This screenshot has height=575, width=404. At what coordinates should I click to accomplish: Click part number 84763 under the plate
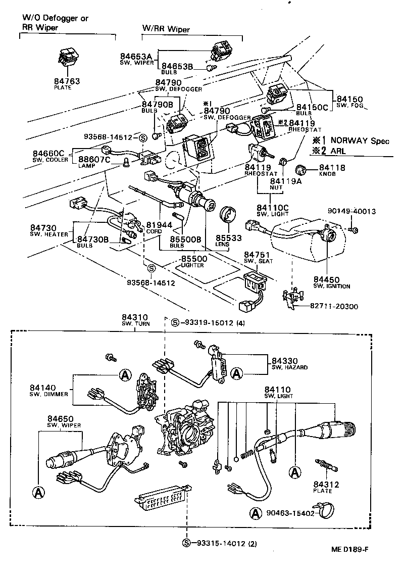pyautogui.click(x=67, y=81)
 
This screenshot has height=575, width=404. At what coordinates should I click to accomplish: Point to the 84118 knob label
pyautogui.click(x=332, y=168)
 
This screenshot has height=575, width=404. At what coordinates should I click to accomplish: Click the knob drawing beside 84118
pyautogui.click(x=304, y=169)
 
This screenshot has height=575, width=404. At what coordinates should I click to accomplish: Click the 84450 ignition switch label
pyautogui.click(x=326, y=279)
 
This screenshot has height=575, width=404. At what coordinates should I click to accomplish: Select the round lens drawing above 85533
pyautogui.click(x=228, y=215)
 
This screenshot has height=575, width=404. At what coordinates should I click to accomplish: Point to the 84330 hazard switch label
pyautogui.click(x=284, y=361)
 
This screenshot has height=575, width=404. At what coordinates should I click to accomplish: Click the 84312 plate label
pyautogui.click(x=326, y=485)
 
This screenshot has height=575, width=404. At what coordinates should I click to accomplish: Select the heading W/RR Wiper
pyautogui.click(x=166, y=30)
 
